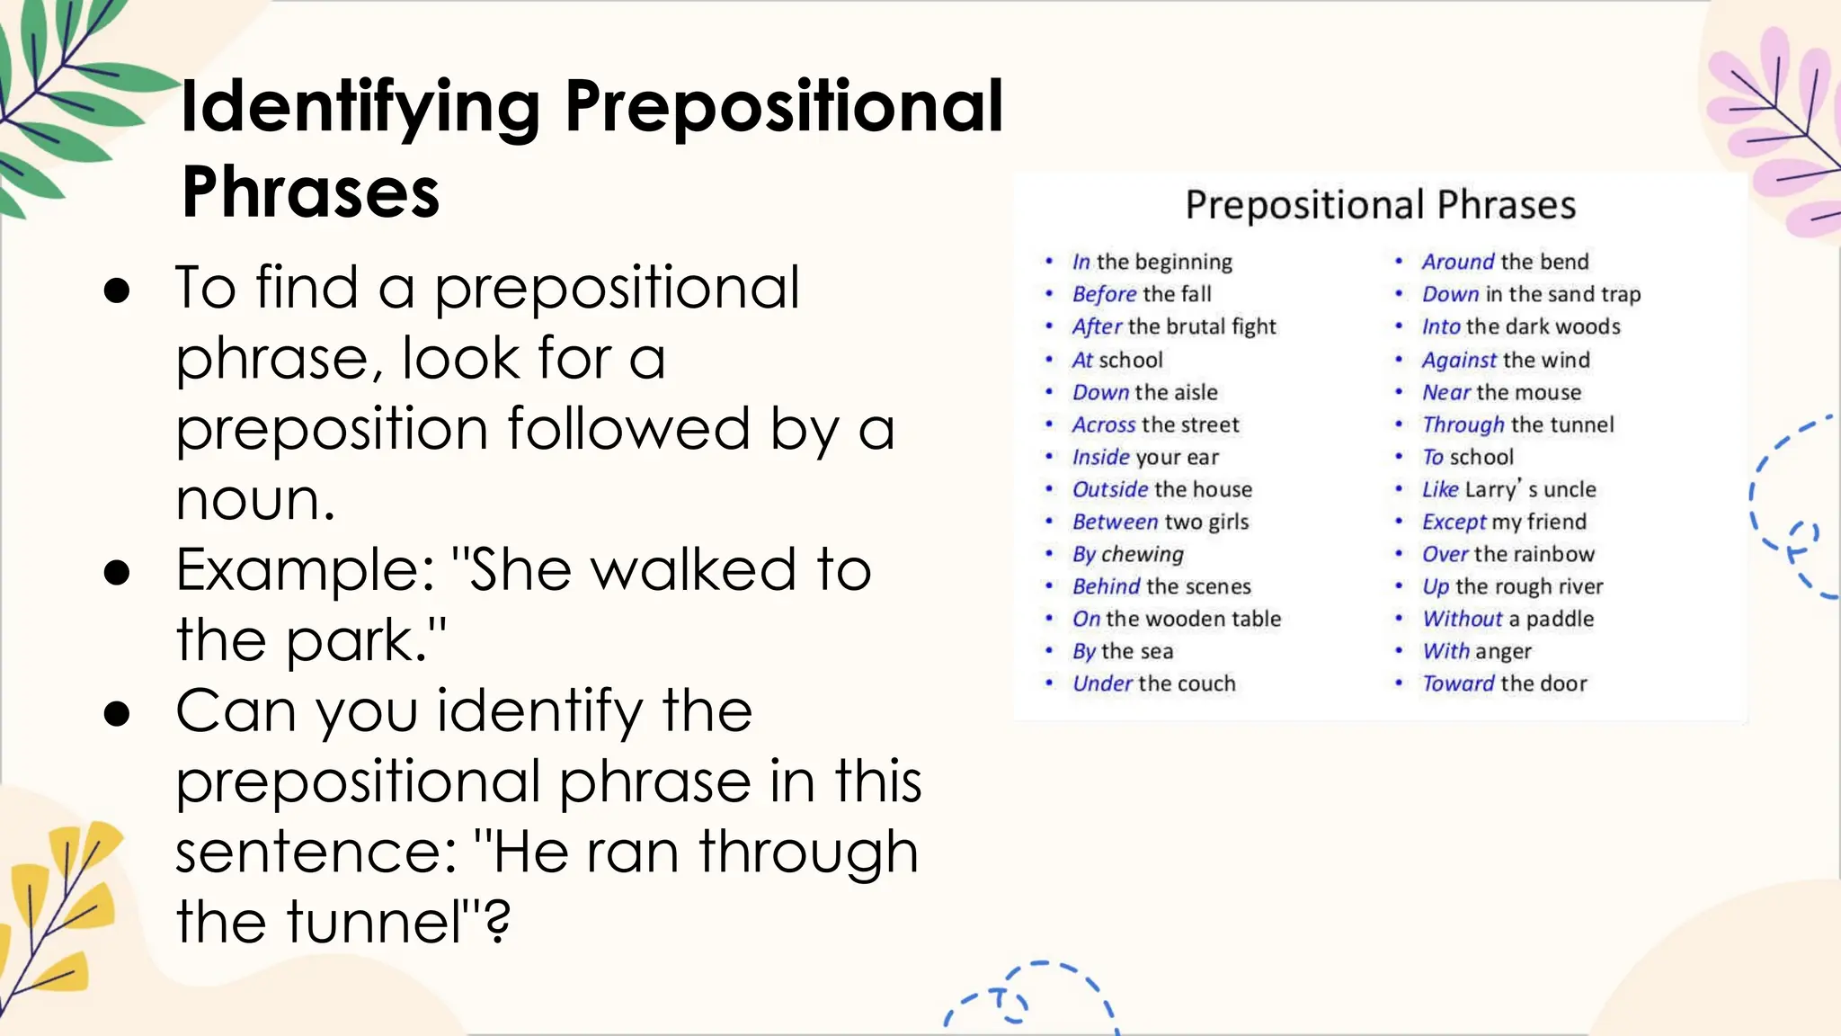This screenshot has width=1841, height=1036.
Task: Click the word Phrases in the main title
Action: coord(310,192)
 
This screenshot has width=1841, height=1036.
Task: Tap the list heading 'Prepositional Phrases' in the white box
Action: coord(1380,205)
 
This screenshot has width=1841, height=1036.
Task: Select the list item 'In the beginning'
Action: coord(1152,262)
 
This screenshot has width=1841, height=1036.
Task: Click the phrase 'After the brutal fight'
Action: coord(1173,326)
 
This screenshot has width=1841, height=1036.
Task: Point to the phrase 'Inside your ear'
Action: coord(1145,457)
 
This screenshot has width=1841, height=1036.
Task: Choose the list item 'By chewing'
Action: coord(1127,554)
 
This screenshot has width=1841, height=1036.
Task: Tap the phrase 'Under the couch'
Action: coord(1153,683)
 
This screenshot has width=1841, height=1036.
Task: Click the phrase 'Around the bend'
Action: coord(1505,262)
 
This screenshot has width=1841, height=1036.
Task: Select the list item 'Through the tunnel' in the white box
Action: coord(1517,424)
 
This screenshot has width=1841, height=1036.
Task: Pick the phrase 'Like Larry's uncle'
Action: coord(1508,489)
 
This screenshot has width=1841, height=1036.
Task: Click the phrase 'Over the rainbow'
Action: coord(1507,554)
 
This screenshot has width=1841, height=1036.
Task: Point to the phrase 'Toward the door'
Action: coord(1504,683)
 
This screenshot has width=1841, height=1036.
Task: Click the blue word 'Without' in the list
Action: coord(1462,619)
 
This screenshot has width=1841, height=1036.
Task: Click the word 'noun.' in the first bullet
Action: coord(255,500)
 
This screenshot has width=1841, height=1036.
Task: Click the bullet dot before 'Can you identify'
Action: coord(117,713)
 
